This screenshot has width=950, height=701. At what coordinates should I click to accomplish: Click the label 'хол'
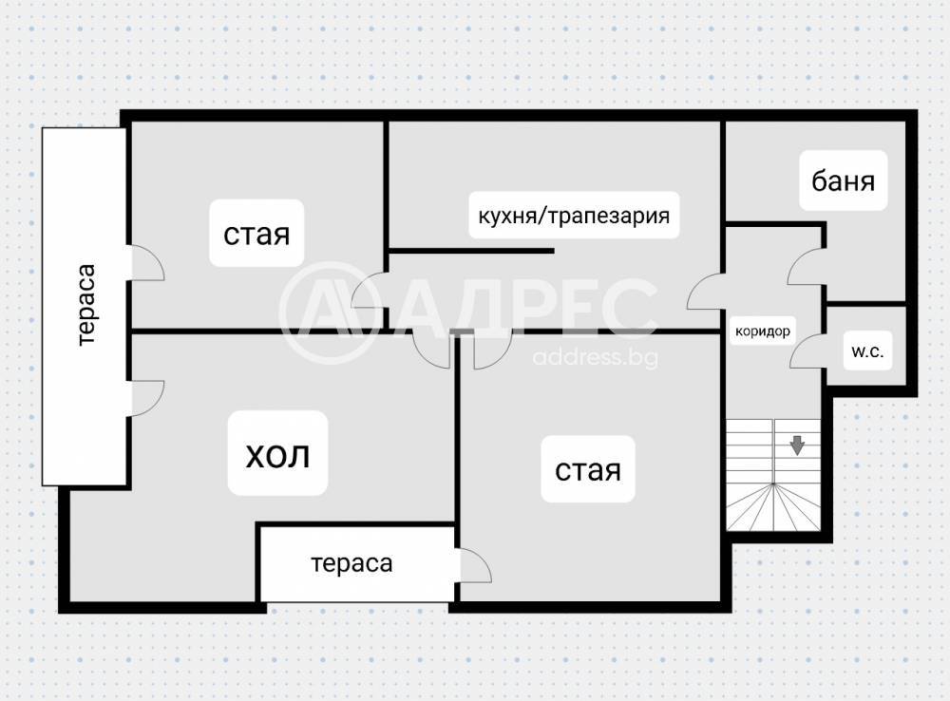[x=277, y=456]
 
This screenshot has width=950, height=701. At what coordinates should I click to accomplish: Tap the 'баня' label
[x=843, y=180]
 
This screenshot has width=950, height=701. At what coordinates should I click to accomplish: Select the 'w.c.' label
[x=867, y=350]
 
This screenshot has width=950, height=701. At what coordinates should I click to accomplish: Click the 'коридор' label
[x=762, y=331]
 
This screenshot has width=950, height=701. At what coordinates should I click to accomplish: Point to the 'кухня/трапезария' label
[x=574, y=216]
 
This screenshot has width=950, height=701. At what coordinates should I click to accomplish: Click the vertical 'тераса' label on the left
[x=86, y=305]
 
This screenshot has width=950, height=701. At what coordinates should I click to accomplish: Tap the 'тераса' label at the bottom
[x=351, y=563]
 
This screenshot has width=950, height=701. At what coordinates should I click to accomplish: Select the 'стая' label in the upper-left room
[x=256, y=234]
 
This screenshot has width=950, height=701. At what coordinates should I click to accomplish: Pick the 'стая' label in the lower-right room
[x=588, y=469]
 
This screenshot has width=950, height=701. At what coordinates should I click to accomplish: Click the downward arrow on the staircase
[x=797, y=445]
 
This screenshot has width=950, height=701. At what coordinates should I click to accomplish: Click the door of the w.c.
[x=807, y=350]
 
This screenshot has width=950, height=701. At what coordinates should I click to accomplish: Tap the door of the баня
[x=806, y=266]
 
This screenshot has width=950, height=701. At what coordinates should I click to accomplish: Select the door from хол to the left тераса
[x=147, y=398]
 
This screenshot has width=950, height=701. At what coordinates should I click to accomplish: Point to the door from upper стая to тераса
[x=147, y=263]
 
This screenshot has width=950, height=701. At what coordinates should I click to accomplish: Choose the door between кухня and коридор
[x=705, y=292]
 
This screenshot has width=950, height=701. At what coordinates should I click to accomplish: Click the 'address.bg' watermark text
[x=595, y=357]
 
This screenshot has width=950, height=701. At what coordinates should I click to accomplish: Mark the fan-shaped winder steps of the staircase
[x=773, y=506]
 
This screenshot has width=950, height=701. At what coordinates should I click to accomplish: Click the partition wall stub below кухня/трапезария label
[x=471, y=250]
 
